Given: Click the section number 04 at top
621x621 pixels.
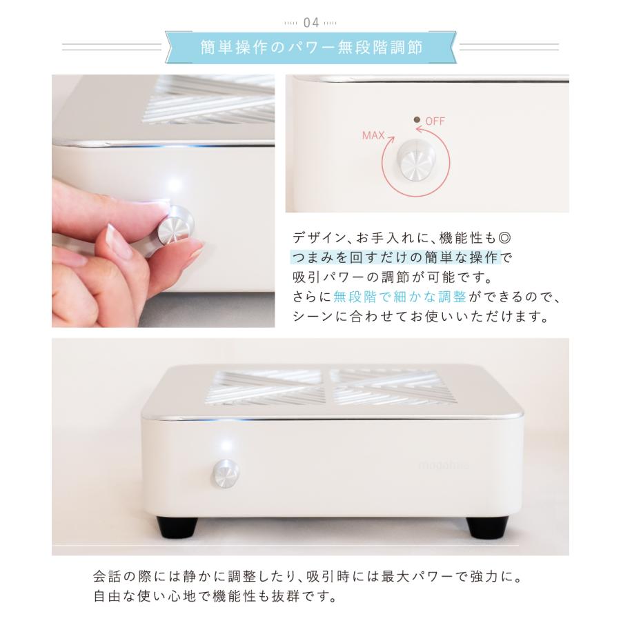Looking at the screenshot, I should tap(310, 22).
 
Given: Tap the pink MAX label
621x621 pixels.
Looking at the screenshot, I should tap(373, 135).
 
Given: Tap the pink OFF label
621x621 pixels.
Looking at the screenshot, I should tap(435, 121).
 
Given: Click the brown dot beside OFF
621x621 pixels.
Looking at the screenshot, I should tap(417, 120).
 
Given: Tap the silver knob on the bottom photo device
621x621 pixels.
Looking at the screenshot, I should tap(224, 474).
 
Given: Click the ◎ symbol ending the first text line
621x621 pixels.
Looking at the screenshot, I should tap(506, 237).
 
